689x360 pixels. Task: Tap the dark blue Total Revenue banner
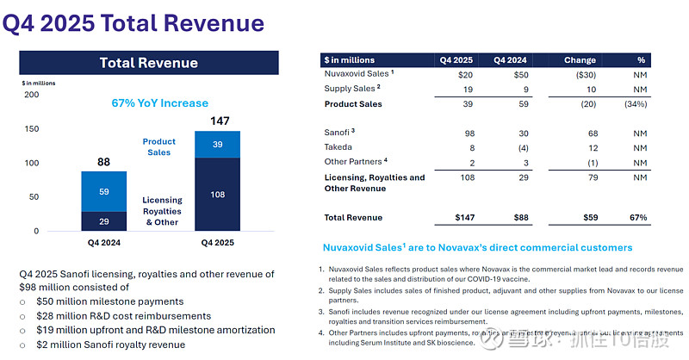pyautogui.click(x=148, y=63)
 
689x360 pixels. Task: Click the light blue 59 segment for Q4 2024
pyautogui.click(x=104, y=192)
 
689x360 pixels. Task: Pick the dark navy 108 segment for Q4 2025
pyautogui.click(x=217, y=195)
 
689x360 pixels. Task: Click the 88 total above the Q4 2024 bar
pyautogui.click(x=103, y=160)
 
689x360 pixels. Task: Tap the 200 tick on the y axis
pyautogui.click(x=31, y=95)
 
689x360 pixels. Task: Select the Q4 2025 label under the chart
pyautogui.click(x=217, y=243)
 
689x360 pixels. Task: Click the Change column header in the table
pyautogui.click(x=580, y=60)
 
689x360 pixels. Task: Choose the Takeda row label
pyautogui.click(x=338, y=148)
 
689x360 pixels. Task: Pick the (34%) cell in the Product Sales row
pyautogui.click(x=637, y=104)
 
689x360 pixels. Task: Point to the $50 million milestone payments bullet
pyautogui.click(x=109, y=301)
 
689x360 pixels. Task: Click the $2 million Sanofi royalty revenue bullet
pyautogui.click(x=110, y=344)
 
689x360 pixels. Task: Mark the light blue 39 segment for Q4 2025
pyautogui.click(x=217, y=145)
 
